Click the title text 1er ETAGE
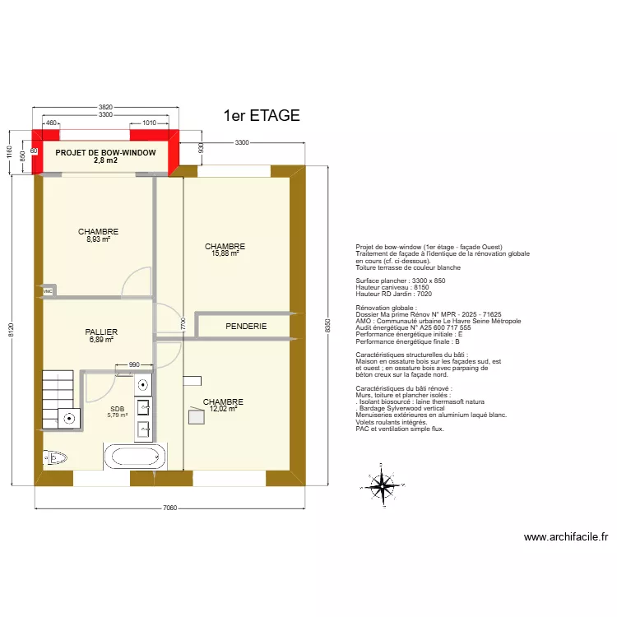(x=262, y=116)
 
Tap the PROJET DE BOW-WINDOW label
(x=105, y=153)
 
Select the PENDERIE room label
(x=246, y=327)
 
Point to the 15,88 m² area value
(x=225, y=253)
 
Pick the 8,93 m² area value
(x=99, y=239)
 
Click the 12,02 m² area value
(x=223, y=408)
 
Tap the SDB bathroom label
(x=117, y=408)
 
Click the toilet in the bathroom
(x=57, y=457)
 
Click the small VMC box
(x=48, y=291)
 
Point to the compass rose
(x=382, y=485)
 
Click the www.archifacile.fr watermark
(x=566, y=538)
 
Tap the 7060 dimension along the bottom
(x=169, y=508)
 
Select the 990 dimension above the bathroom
(x=134, y=364)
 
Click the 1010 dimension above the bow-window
(x=149, y=123)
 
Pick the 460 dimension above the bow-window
(x=51, y=123)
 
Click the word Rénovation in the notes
(x=373, y=307)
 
